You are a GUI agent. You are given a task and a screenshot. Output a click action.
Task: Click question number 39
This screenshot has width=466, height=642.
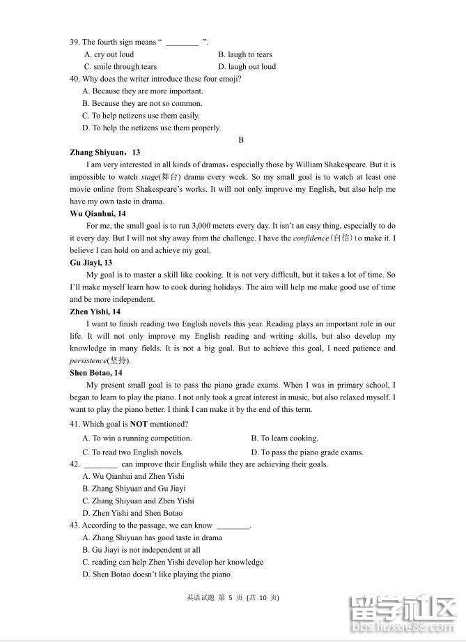coord(75,43)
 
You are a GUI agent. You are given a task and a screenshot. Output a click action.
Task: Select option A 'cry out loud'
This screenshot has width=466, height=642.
coord(109,54)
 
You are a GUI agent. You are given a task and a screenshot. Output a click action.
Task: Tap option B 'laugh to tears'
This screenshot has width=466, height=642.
coord(244,54)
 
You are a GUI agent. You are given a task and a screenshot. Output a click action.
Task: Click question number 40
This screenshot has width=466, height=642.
coord(75,79)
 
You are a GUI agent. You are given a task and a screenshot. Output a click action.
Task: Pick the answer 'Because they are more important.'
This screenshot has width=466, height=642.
coord(143,91)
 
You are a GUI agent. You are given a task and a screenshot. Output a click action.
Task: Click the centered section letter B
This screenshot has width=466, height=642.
coord(241,140)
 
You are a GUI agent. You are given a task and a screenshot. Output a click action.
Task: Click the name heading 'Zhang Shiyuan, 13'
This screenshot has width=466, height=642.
coord(105,153)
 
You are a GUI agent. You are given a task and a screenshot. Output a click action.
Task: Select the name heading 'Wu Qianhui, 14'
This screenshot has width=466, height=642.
coord(98,214)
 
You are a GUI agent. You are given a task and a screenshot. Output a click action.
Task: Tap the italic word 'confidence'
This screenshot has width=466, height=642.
coord(311,238)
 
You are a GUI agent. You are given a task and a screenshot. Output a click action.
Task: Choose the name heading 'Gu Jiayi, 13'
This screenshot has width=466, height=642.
coord(91,263)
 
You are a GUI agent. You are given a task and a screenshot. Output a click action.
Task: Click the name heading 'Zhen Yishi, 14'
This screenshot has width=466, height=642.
coord(95,312)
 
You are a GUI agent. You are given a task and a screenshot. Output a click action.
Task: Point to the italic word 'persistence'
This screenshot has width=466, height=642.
coord(88,360)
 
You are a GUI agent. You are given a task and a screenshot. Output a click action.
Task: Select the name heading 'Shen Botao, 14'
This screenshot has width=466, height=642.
coord(96,373)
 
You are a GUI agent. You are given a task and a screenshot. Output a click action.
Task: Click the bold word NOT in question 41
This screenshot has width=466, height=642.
coord(138,424)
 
